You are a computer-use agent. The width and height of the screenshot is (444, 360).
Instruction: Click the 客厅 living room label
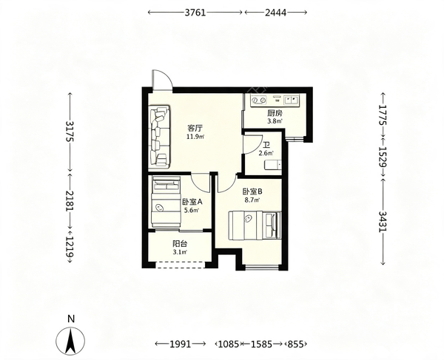coord(195,129)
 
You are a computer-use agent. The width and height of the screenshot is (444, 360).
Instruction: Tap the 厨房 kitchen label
coord(275,114)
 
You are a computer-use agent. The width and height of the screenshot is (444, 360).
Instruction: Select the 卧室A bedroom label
coord(192,202)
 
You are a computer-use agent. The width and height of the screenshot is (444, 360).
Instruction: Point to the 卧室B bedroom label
coord(252,191)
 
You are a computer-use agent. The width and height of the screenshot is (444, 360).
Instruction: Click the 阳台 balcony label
coord(180,244)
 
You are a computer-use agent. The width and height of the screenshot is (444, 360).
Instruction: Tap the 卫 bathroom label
coord(266,146)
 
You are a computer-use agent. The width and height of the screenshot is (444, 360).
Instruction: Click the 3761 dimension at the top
coord(195,13)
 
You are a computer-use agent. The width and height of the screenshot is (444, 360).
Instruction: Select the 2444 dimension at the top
coord(275,13)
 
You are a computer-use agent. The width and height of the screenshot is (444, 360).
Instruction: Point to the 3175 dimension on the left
coord(70,132)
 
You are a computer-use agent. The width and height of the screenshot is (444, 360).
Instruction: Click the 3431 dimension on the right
coord(383,222)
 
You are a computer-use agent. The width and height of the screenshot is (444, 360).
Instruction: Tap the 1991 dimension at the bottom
coord(181,344)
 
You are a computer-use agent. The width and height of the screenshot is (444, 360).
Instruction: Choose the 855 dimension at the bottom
coord(297,344)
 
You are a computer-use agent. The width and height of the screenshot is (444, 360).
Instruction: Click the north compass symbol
coord(70,341)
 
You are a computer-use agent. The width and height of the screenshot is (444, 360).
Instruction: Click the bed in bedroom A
coord(166,201)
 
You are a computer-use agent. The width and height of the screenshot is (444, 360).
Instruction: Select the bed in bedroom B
coord(255,225)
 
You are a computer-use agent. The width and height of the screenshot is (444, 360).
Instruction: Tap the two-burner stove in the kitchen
coord(259,100)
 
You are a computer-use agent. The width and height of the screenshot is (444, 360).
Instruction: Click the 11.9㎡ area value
coord(195,137)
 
